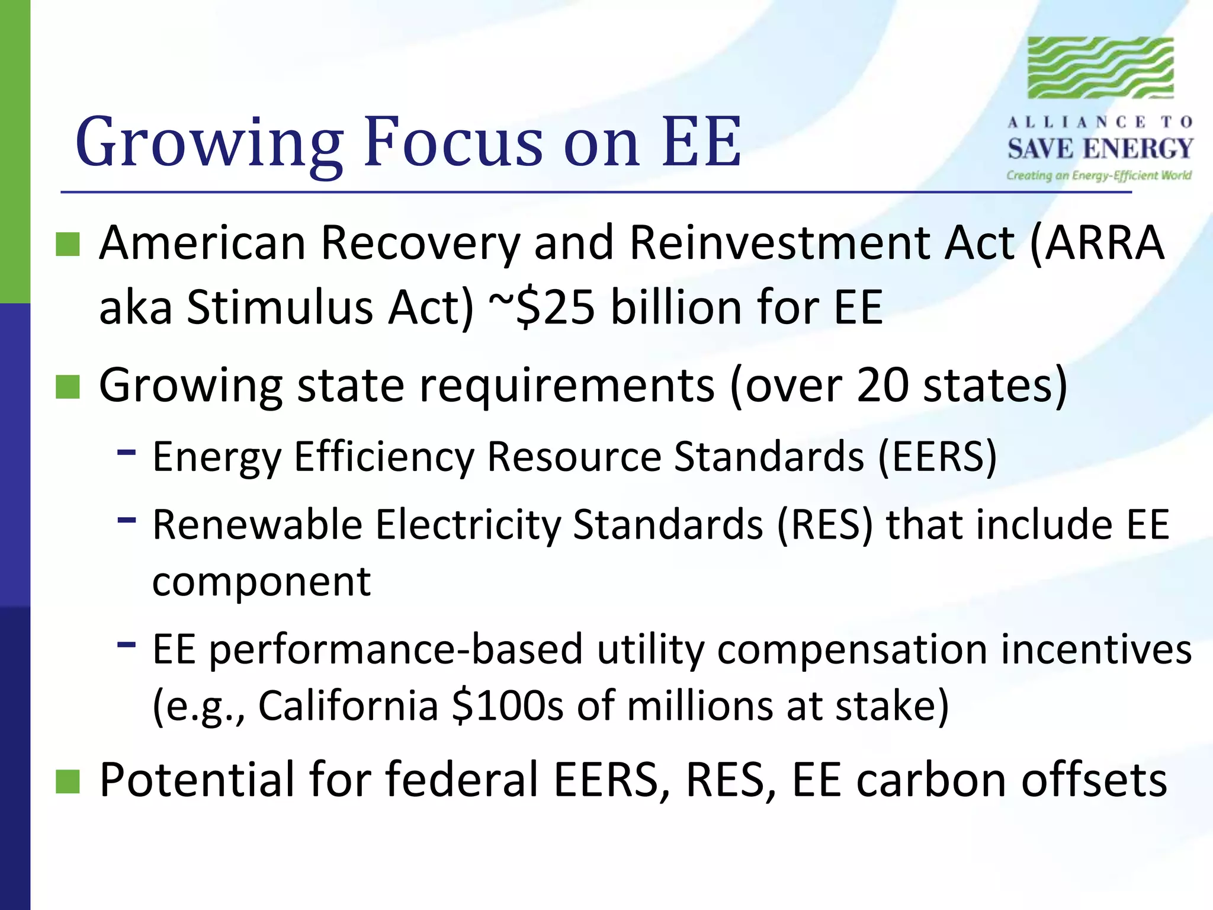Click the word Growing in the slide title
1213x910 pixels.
pos(208,142)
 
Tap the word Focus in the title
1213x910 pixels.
pos(453,142)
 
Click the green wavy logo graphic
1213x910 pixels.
pos(1100,68)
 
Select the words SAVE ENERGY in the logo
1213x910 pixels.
pos(1100,148)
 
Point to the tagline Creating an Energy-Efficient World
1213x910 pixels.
pos(1099,175)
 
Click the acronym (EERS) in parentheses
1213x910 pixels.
pos(938,457)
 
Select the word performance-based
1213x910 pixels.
pos(396,650)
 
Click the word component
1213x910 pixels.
pos(261,582)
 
